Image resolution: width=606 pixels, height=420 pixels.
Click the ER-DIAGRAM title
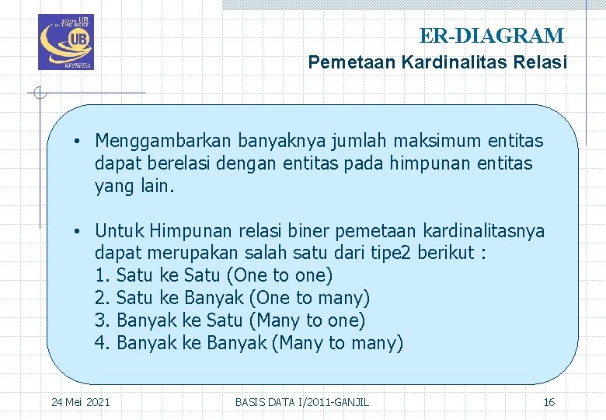pyautogui.click(x=492, y=36)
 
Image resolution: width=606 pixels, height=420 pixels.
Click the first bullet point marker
pyautogui.click(x=79, y=142)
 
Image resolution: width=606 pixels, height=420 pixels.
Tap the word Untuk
pyautogui.click(x=120, y=232)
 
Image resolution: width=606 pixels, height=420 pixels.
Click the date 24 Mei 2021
pyautogui.click(x=80, y=402)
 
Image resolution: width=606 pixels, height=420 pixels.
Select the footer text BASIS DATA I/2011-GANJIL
pyautogui.click(x=302, y=402)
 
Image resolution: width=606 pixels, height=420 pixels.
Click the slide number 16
pyautogui.click(x=549, y=402)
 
